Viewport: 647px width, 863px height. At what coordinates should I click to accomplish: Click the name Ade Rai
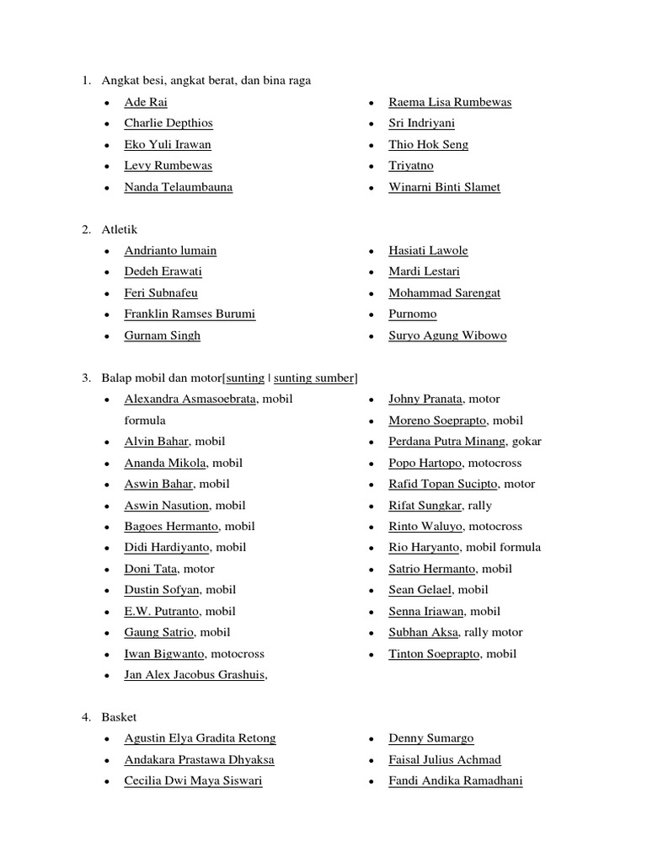tap(145, 102)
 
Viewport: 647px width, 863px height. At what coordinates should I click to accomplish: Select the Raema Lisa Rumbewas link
tap(450, 102)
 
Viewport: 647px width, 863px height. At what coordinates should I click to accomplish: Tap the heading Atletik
tap(120, 229)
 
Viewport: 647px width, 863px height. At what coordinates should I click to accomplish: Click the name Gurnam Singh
tap(163, 335)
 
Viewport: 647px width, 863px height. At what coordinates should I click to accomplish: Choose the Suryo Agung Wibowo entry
tap(447, 335)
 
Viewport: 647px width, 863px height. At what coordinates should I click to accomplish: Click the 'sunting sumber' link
tap(314, 378)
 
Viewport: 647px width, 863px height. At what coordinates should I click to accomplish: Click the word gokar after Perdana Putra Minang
tap(527, 441)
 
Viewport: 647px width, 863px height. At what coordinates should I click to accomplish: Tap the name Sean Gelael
tap(420, 590)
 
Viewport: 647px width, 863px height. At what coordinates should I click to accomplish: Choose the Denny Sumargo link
tap(430, 738)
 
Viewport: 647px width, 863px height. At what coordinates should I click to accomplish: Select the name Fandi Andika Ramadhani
tap(455, 780)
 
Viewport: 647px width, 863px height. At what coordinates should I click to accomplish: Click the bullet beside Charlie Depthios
tap(106, 124)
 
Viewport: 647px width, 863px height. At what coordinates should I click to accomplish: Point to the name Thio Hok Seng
tap(428, 144)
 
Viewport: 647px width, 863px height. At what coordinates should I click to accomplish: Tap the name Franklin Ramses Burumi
tap(190, 314)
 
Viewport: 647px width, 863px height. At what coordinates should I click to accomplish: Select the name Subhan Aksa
tap(423, 632)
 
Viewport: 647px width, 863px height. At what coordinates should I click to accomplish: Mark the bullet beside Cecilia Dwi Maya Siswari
tap(106, 782)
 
